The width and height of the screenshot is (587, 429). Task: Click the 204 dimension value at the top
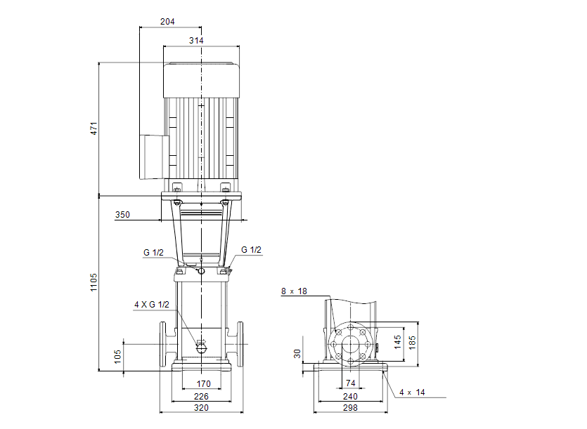(167, 22)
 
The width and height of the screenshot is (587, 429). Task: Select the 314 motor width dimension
(196, 41)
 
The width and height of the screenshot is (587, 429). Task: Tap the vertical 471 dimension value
(93, 128)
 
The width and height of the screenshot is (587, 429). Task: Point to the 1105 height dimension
(93, 283)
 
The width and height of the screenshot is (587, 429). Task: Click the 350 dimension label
(122, 216)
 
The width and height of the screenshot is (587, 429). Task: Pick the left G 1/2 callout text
(153, 252)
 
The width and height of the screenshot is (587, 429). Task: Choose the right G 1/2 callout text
(251, 250)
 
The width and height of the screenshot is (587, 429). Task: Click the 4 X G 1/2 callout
(151, 305)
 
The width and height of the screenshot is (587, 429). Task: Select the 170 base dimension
(202, 383)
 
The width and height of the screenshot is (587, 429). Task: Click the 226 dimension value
(202, 396)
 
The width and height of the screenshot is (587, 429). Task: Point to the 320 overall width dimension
(202, 407)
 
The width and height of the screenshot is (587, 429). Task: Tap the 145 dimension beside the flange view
(397, 343)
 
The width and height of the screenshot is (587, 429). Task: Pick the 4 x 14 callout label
(412, 392)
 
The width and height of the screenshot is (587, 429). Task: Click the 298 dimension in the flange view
(349, 407)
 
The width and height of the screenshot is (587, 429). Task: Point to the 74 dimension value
(349, 384)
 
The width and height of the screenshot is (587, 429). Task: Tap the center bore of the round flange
(349, 344)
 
